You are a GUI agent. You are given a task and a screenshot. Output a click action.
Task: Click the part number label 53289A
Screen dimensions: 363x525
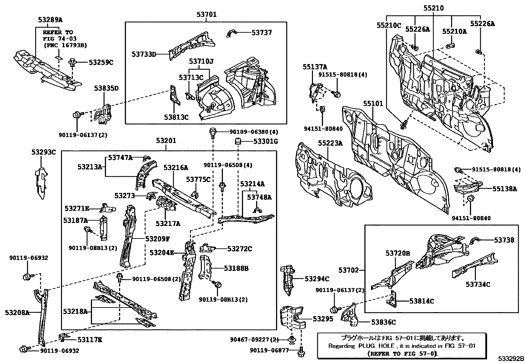pyautogui.click(x=50, y=20)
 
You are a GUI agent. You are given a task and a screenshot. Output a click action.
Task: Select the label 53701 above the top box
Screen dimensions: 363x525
pyautogui.click(x=206, y=14)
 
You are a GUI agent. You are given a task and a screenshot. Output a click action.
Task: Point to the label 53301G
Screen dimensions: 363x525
pyautogui.click(x=265, y=142)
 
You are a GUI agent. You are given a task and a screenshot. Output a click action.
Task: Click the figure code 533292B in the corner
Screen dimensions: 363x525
pyautogui.click(x=510, y=359)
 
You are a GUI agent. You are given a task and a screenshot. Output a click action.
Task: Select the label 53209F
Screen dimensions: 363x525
pyautogui.click(x=158, y=238)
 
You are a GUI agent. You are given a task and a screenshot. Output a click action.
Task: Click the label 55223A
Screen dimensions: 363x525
pyautogui.click(x=330, y=143)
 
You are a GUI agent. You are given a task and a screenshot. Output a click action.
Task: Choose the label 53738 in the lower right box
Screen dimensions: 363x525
pyautogui.click(x=504, y=240)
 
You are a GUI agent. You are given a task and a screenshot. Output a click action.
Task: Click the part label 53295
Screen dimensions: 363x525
pyautogui.click(x=323, y=319)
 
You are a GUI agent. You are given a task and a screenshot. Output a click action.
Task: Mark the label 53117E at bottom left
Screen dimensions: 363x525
pyautogui.click(x=90, y=339)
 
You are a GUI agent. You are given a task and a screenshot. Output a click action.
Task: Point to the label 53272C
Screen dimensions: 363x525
pyautogui.click(x=239, y=249)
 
